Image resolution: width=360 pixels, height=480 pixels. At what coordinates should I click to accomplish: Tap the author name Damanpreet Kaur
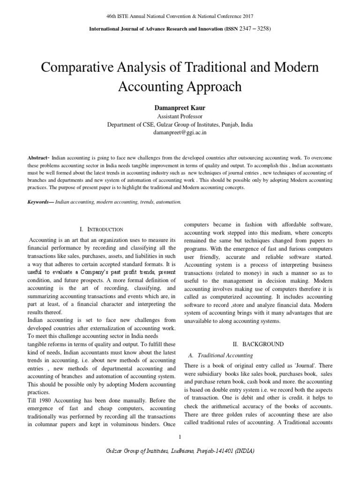coord(180,108)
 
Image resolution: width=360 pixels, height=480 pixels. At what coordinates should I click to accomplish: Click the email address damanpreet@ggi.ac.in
coord(180,133)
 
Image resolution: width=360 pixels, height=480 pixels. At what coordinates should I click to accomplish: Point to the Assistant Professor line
coord(180,116)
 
